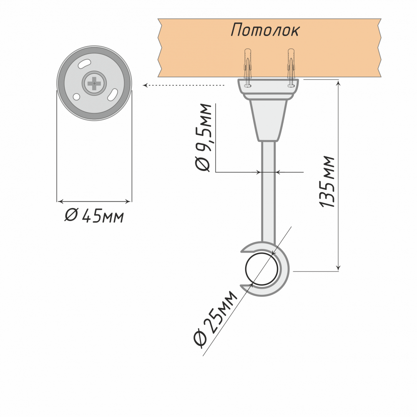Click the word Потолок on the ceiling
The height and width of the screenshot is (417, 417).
(265, 30)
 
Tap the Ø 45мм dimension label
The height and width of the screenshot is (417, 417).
(94, 216)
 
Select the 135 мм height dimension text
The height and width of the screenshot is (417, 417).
(327, 181)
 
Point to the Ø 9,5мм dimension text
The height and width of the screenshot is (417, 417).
(203, 137)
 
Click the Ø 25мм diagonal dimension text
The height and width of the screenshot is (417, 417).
(215, 319)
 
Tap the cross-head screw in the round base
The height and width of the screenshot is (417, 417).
(94, 83)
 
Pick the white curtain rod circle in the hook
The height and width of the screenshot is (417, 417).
(262, 269)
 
